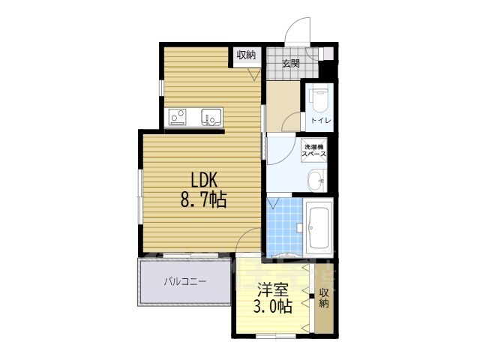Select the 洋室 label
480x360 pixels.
(x=272, y=288)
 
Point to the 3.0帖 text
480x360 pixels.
(x=272, y=306)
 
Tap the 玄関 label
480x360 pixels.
(x=291, y=64)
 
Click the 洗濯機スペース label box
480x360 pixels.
(x=313, y=149)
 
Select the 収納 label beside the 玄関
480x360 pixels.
(x=246, y=55)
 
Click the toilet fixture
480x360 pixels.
(x=318, y=100)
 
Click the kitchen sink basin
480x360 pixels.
(x=209, y=116)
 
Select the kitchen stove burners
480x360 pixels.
(x=178, y=116)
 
